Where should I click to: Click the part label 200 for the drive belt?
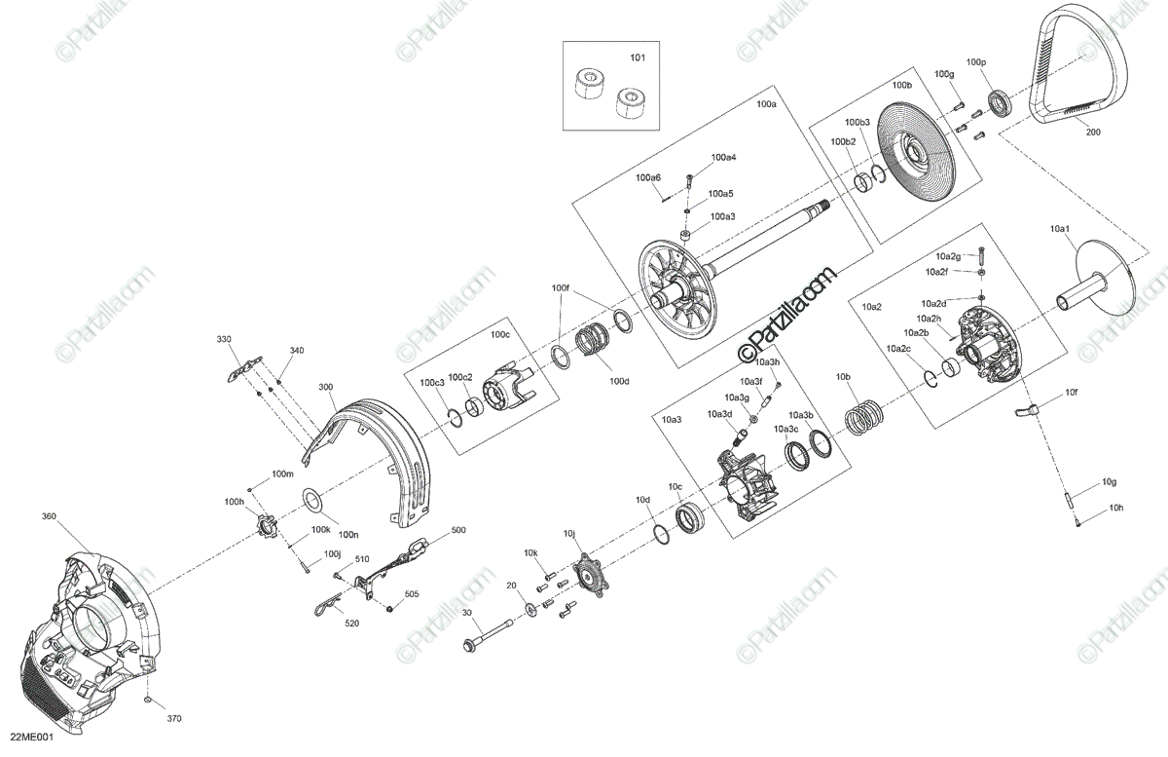[1092, 132]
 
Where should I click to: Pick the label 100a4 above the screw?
[723, 157]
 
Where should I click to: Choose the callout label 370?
[174, 719]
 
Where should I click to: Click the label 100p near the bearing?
[975, 62]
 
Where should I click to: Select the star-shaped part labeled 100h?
[262, 530]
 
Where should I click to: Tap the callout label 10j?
[570, 534]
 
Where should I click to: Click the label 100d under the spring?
[620, 381]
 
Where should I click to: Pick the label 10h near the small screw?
[1115, 508]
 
